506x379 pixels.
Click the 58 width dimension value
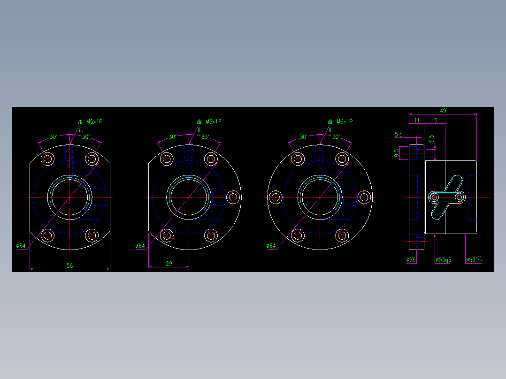pos(69,265)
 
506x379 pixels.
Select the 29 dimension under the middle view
pos(169,264)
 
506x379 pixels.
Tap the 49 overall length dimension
pos(443,111)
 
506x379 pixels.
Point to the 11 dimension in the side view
pos(416,121)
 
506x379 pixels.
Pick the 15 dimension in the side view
pos(434,121)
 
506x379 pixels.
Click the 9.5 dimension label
pos(397,152)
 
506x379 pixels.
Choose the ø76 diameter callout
pos(411,259)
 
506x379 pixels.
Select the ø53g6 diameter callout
pos(443,259)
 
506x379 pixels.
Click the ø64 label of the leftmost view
pos(21,246)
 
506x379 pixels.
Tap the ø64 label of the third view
pos(271,246)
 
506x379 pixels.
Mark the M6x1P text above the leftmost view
pos(94,122)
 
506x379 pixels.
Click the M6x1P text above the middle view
pos(213,122)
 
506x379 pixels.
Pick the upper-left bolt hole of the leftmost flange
pos(47,159)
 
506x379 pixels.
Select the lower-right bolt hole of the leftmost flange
pos(92,235)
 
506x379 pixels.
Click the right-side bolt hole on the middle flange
pos(232,197)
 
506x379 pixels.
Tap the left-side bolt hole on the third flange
pos(276,197)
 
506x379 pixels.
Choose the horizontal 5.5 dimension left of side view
pos(399,135)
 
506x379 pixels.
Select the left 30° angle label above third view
pos(304,137)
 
